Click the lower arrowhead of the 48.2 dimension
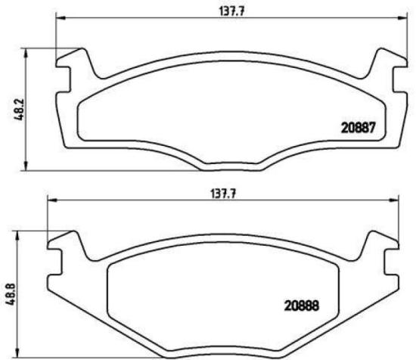27,170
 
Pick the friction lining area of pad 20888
219,295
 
